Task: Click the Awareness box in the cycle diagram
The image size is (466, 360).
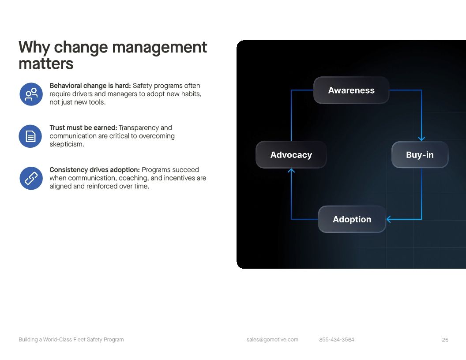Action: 351,90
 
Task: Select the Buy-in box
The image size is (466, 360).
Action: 420,155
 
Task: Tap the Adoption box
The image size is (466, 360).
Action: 352,219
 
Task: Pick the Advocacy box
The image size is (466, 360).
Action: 291,155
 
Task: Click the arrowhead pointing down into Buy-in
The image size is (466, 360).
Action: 421,139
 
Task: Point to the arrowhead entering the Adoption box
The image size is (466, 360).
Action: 388,219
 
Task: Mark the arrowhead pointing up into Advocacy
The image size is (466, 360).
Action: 291,170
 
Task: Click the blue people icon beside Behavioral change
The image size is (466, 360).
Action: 31,94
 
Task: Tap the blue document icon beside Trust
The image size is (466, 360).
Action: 30,136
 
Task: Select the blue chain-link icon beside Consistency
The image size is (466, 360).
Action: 31,178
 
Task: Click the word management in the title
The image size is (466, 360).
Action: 160,48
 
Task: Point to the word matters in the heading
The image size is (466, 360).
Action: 46,64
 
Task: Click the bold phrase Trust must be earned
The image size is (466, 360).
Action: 83,128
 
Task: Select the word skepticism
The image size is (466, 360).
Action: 67,144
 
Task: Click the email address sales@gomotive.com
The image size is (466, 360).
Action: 272,340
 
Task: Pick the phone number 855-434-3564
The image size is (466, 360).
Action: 337,340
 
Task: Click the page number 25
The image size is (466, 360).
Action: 445,340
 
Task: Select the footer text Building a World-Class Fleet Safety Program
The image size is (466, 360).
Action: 71,340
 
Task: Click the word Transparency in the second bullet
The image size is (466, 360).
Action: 139,128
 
